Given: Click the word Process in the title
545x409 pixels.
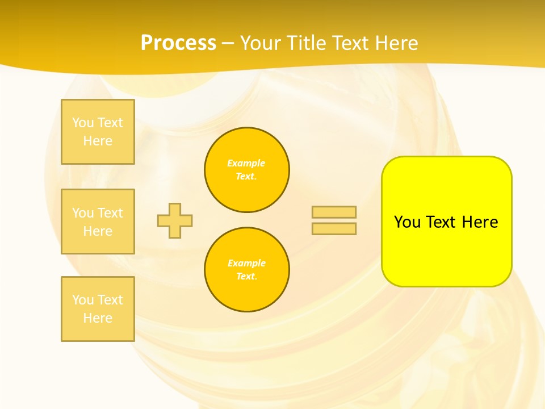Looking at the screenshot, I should (178, 43).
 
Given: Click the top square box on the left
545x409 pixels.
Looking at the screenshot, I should (98, 132).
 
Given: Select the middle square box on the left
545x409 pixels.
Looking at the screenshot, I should (98, 222).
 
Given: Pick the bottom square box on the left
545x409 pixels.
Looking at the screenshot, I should (98, 309).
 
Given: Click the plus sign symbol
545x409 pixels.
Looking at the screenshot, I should (175, 220).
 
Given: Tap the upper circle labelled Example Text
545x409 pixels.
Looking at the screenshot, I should (247, 170).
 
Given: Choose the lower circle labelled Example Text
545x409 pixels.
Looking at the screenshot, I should (247, 270).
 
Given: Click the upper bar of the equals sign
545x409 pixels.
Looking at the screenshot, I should (334, 212).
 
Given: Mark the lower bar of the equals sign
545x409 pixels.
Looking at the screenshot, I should (334, 229).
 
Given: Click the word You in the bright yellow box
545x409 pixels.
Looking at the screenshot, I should (408, 222).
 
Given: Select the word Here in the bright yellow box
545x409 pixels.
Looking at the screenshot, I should (480, 222).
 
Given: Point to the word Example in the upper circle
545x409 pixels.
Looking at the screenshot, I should (246, 163).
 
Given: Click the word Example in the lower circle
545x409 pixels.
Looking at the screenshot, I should (246, 263).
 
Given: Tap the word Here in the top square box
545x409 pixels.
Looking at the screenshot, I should (98, 141).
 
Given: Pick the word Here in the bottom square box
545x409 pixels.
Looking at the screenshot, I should (98, 318).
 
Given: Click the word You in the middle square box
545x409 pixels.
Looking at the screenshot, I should (83, 213).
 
